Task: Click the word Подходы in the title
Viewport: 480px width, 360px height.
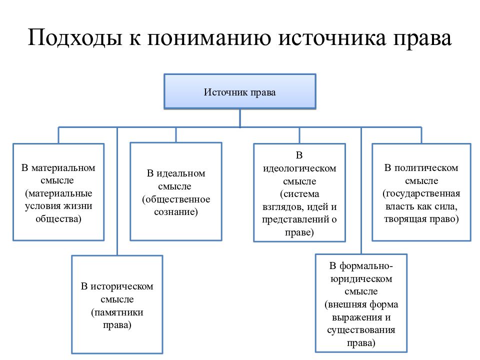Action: [x=75, y=38]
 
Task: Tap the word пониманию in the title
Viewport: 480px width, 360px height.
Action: [x=209, y=38]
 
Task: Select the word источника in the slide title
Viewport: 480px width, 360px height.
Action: [x=332, y=38]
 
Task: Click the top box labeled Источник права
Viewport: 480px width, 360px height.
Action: [x=239, y=91]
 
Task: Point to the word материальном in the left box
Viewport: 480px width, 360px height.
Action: [x=63, y=168]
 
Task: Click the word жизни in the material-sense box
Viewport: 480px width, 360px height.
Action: [x=80, y=206]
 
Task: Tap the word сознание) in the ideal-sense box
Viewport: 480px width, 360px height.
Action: [x=176, y=212]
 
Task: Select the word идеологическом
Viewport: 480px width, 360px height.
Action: [x=299, y=168]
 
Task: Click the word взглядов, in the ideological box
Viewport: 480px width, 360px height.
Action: [x=283, y=207]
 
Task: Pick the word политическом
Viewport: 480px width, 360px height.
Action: [x=426, y=168]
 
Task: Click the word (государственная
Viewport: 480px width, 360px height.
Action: [x=421, y=193]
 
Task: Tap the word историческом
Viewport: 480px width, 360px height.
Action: [x=122, y=286]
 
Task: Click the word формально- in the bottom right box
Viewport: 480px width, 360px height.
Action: [x=366, y=266]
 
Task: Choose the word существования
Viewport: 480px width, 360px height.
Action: [x=361, y=330]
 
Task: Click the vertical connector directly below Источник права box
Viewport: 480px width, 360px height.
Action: [x=239, y=118]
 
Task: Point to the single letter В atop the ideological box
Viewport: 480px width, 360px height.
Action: [x=299, y=155]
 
